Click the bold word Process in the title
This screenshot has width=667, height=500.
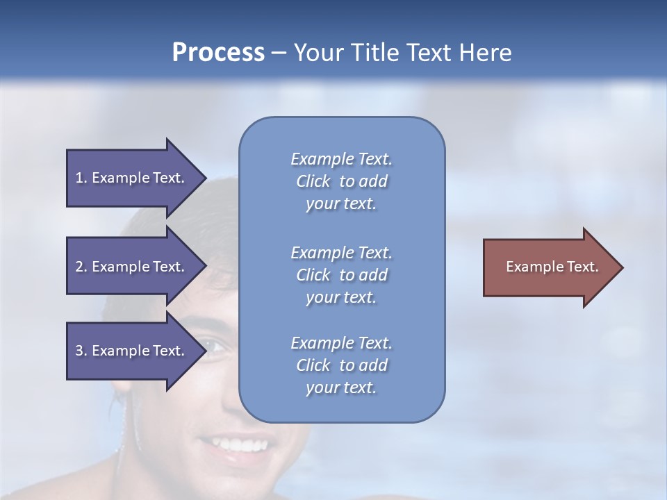218,53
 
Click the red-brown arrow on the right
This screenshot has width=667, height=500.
549,267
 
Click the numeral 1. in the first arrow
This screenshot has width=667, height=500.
81,178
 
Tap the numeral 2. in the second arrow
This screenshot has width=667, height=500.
81,267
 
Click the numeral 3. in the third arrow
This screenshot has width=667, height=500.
81,351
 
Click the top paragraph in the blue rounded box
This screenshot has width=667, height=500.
341,181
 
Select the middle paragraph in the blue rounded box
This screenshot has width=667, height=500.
341,275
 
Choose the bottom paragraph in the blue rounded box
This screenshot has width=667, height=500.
341,365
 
